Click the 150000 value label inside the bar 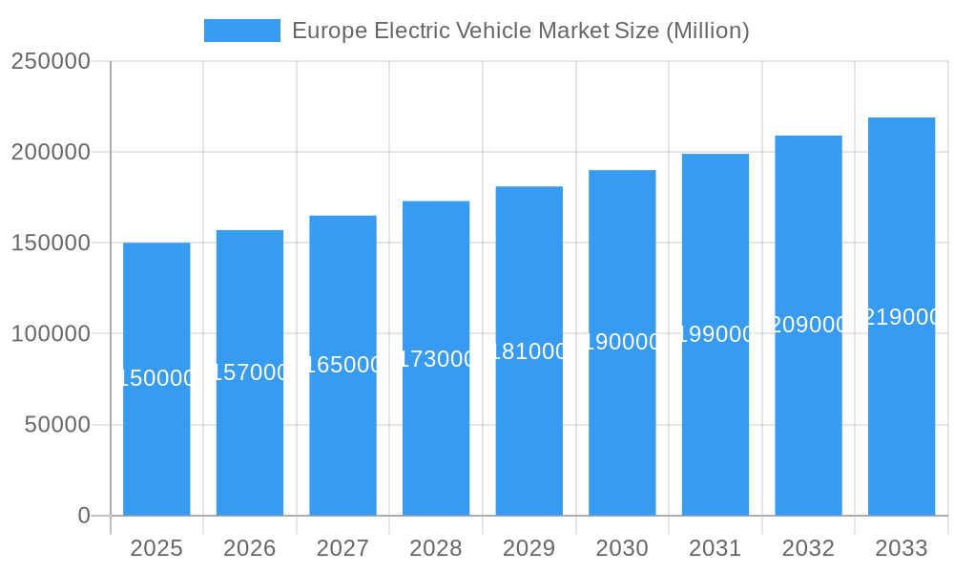[x=156, y=379]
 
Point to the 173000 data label [x=436, y=359]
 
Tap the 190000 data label [x=622, y=342]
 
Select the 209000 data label [x=808, y=325]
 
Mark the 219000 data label [x=901, y=317]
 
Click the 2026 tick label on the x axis [x=250, y=549]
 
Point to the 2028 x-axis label [x=436, y=549]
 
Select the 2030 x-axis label [x=622, y=549]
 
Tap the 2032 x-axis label [x=808, y=549]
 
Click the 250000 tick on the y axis [x=51, y=62]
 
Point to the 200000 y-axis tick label [x=51, y=153]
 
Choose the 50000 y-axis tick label [x=57, y=425]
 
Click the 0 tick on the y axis [x=84, y=516]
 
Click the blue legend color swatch [x=242, y=31]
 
